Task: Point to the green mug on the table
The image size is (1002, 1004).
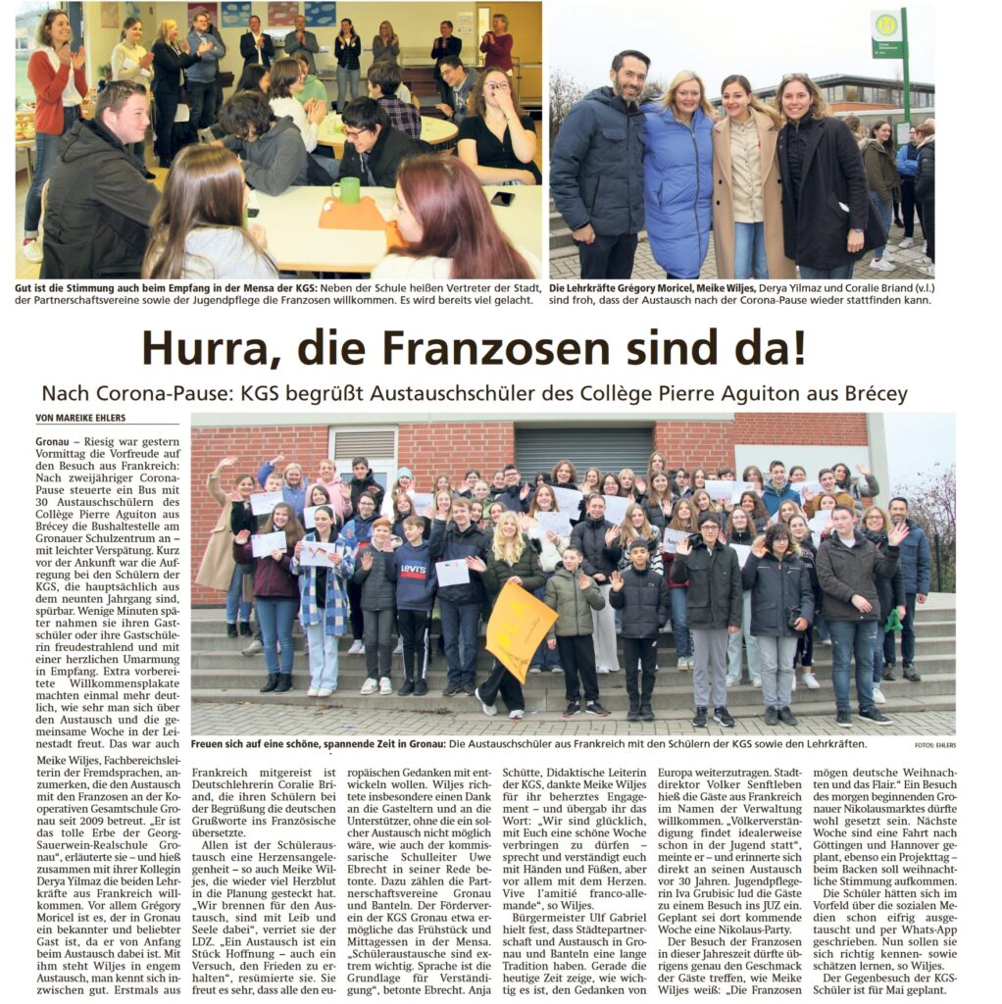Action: point(345,190)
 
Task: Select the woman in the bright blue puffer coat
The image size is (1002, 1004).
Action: point(677,186)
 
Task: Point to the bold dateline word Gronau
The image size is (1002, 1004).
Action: point(52,442)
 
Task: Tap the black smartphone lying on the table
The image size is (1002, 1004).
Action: point(503,199)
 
